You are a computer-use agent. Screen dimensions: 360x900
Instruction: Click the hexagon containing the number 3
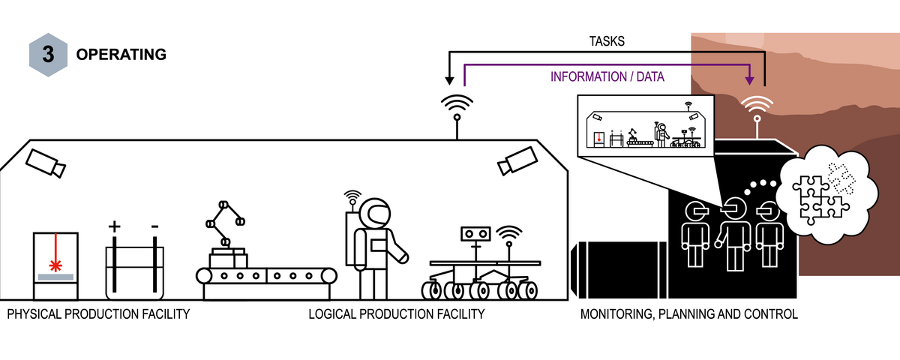(x=50, y=55)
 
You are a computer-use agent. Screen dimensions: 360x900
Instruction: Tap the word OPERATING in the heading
(x=121, y=55)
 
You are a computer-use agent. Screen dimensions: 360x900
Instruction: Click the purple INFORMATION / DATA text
(x=607, y=76)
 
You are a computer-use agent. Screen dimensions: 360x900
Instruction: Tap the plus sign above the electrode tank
(x=115, y=225)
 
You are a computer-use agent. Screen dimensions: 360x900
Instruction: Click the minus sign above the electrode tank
(x=154, y=225)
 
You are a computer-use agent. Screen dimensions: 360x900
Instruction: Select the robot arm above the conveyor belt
(x=224, y=225)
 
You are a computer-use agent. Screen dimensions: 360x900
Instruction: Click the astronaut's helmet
(x=373, y=215)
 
